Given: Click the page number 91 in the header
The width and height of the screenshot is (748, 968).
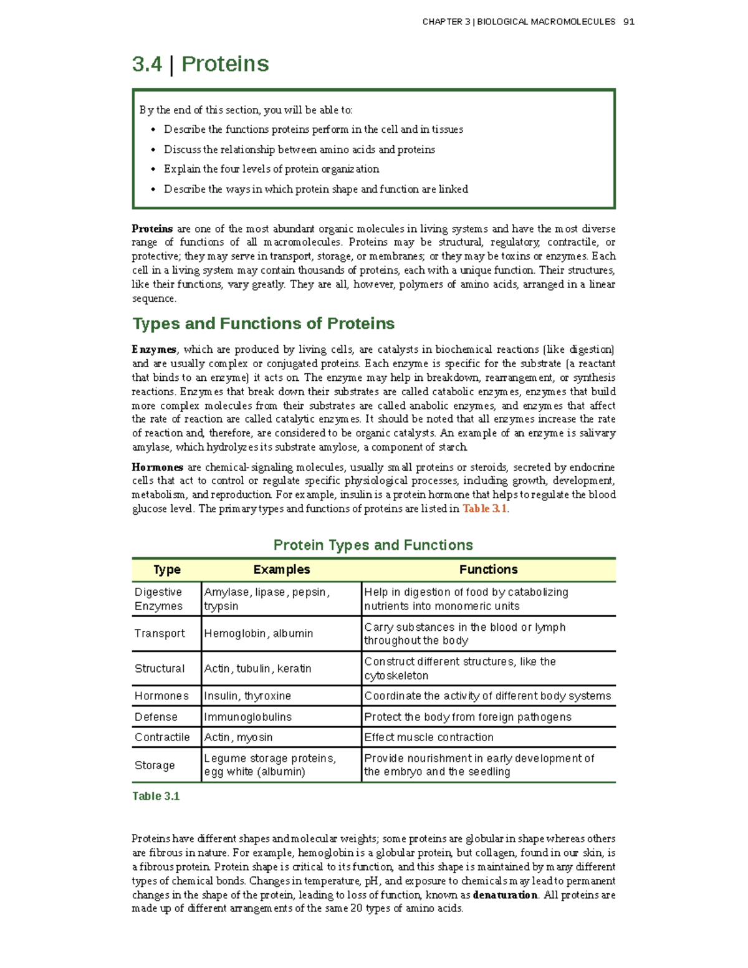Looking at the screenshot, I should coord(628,22).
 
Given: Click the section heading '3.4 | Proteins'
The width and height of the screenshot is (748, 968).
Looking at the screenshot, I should coord(200,64).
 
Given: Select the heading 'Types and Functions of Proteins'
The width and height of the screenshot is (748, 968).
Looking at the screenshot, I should coord(263,323).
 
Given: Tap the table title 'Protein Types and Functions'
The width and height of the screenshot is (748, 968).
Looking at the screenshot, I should coord(373,545).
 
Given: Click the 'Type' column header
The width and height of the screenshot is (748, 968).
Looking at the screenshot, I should coord(166,570).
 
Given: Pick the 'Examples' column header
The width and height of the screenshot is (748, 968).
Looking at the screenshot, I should coord(281,570).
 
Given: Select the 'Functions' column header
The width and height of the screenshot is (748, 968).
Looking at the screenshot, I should coord(488,570).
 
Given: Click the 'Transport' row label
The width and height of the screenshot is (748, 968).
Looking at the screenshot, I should coord(160,633).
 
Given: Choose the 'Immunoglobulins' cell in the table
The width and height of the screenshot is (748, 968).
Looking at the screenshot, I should coord(247,717).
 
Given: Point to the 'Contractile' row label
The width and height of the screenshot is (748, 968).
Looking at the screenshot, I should coord(162,737).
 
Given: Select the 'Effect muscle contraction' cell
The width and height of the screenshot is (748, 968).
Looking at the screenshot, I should coord(429,737).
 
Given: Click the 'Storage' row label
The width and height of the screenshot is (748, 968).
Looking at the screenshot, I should coord(155,765).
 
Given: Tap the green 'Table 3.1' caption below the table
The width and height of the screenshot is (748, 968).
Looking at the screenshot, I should coord(156,796).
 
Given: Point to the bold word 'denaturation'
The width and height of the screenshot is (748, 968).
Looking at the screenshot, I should coord(505,895).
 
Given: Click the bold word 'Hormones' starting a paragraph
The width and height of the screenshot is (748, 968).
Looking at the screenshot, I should coord(157,467).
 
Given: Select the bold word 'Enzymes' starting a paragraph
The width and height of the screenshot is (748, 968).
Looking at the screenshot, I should coord(154,350).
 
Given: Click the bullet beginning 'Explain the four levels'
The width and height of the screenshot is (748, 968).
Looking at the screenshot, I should coord(271,169).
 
